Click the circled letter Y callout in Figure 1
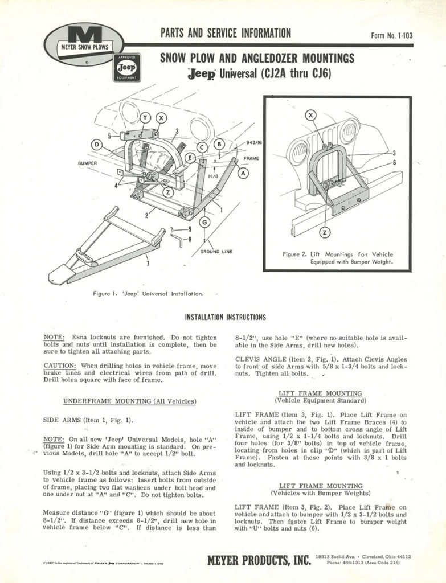pyautogui.click(x=145, y=118)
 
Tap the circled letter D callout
pyautogui.click(x=97, y=146)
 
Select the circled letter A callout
pyautogui.click(x=243, y=172)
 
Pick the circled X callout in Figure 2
pyautogui.click(x=310, y=116)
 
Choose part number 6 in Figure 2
pyautogui.click(x=394, y=163)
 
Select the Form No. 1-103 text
pyautogui.click(x=391, y=35)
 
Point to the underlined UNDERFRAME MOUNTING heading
pyautogui.click(x=130, y=401)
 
